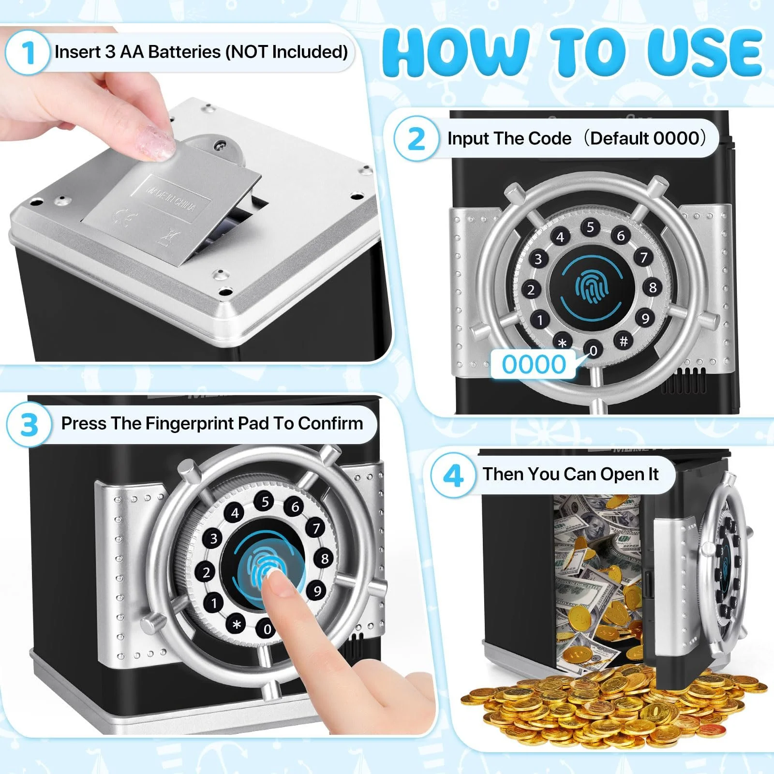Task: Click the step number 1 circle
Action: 28,52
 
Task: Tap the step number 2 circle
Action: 417,139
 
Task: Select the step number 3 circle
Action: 29,424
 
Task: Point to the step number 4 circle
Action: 453,475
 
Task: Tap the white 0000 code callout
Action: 534,364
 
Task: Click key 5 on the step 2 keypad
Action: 590,227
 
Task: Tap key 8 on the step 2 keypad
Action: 653,287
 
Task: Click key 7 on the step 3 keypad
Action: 316,528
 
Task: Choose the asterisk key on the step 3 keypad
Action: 237,625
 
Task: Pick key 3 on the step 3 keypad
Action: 213,538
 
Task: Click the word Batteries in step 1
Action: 185,51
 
